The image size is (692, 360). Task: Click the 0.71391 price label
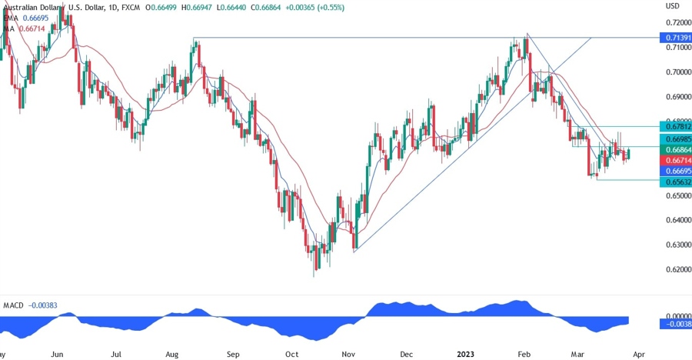click(x=676, y=37)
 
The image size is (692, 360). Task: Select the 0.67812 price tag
click(x=676, y=125)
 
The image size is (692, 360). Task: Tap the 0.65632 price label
click(x=676, y=182)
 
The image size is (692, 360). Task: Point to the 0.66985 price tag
click(x=676, y=137)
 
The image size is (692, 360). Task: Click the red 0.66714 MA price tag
click(x=676, y=158)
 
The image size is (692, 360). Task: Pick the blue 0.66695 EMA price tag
click(x=676, y=170)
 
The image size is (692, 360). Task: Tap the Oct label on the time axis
click(x=291, y=354)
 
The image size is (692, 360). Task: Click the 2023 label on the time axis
click(x=466, y=354)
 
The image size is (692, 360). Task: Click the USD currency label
click(x=673, y=5)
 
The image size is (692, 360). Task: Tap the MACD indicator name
click(x=14, y=306)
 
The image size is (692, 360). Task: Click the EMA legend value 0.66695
click(x=34, y=17)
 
